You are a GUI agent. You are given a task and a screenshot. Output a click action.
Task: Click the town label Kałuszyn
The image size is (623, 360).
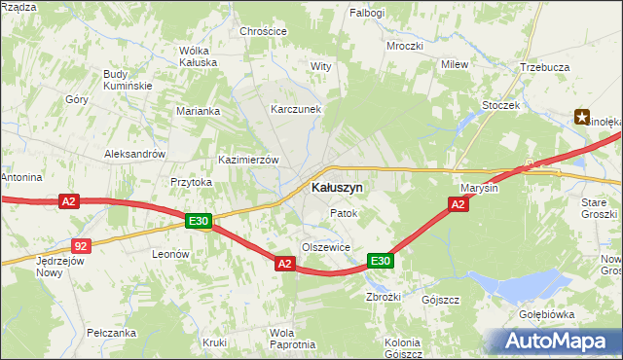(x=338, y=187)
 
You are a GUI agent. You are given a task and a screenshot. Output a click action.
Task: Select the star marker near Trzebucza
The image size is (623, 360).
(x=582, y=118)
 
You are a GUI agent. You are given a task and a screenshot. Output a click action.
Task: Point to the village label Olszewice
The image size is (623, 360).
(x=325, y=247)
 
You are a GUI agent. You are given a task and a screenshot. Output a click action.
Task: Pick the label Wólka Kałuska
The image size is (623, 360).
(x=198, y=56)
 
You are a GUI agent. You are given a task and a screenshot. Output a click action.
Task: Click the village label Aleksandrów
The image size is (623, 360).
(x=135, y=154)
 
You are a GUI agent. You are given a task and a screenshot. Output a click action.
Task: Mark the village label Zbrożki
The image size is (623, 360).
(x=382, y=297)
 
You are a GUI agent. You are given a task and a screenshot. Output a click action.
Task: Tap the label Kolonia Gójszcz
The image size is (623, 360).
(x=402, y=347)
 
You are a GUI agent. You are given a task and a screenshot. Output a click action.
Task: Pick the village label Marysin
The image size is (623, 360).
(x=478, y=188)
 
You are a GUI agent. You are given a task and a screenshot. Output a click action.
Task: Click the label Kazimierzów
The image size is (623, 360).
(x=249, y=160)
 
